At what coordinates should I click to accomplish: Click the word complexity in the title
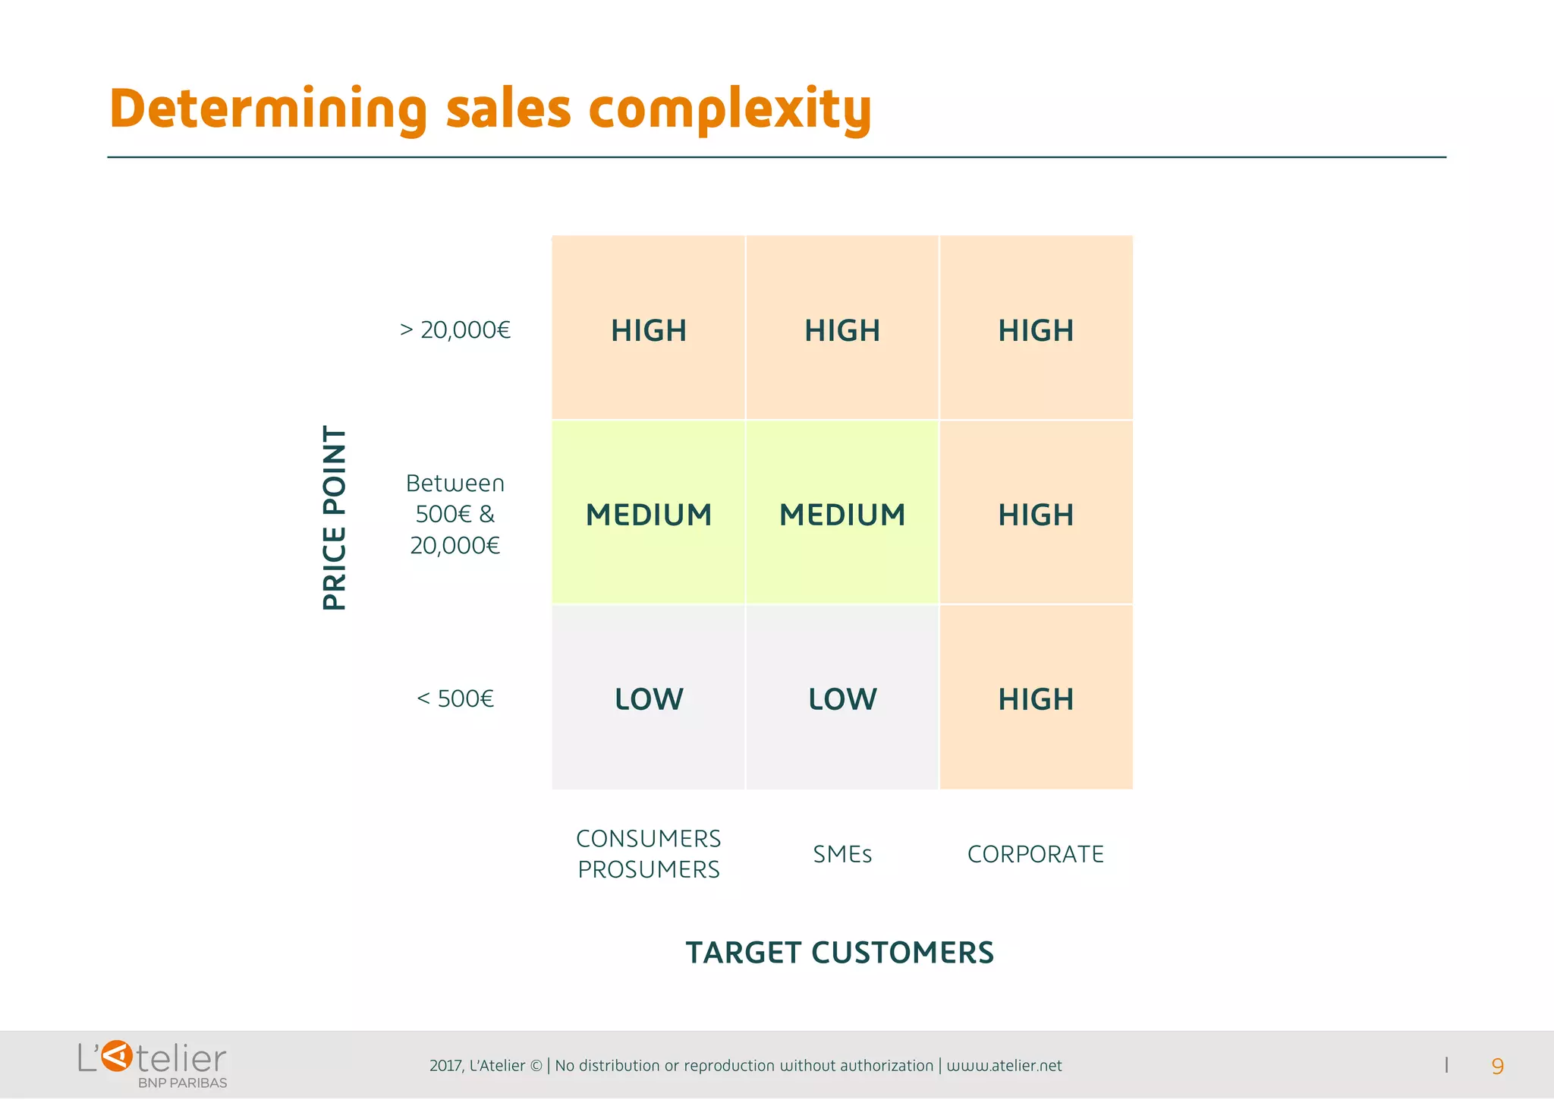click(x=729, y=109)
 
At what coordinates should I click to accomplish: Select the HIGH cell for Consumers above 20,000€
click(x=648, y=330)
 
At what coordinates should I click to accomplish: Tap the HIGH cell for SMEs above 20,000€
click(x=841, y=330)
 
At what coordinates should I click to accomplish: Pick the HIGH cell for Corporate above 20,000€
click(x=1036, y=330)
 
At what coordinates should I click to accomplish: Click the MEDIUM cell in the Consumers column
click(x=648, y=515)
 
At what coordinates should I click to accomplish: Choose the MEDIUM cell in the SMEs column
click(x=841, y=515)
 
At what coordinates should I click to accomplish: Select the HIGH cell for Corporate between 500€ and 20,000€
click(x=1036, y=515)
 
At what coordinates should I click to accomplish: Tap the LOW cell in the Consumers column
click(x=648, y=698)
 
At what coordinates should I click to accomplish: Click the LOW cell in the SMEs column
click(x=841, y=698)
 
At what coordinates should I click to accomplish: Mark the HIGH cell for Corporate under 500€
click(x=1036, y=698)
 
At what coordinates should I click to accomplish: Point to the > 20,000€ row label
click(x=455, y=330)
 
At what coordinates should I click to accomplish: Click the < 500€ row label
click(x=455, y=698)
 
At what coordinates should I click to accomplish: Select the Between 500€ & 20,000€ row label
click(x=455, y=515)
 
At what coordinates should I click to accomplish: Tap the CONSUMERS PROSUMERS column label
click(x=648, y=854)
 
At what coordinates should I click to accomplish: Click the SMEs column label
click(x=841, y=854)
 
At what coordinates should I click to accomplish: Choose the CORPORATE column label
click(x=1035, y=854)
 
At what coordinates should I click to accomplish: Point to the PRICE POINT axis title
click(x=335, y=517)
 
